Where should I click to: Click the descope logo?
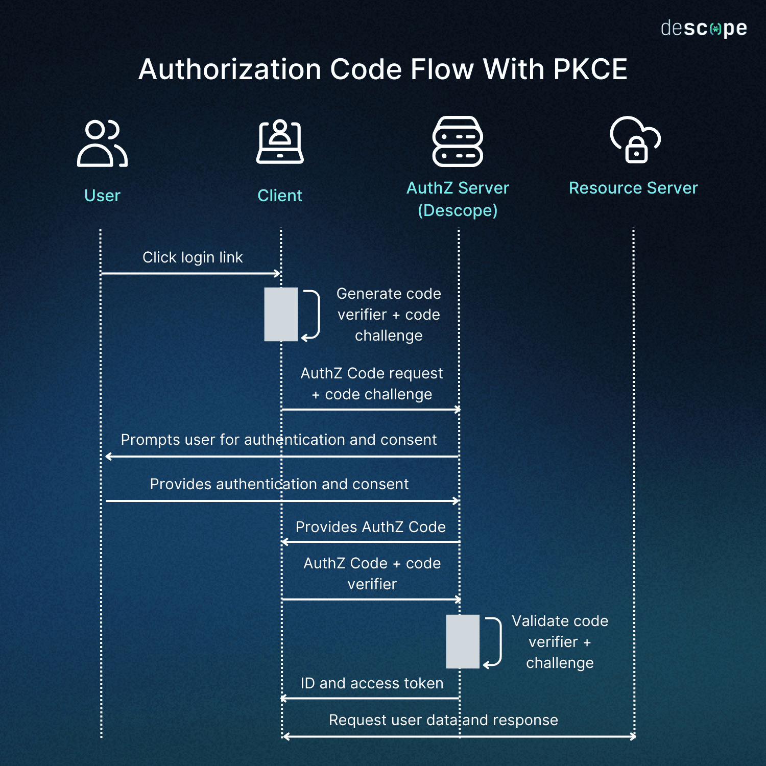(704, 28)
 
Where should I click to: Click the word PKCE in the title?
(590, 69)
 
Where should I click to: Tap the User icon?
(102, 143)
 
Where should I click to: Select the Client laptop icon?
(280, 141)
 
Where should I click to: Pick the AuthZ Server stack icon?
(458, 141)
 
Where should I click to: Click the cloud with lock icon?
(635, 139)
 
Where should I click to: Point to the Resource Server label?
(633, 188)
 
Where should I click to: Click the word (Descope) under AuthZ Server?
(458, 210)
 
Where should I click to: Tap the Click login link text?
(193, 257)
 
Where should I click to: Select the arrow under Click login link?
(191, 274)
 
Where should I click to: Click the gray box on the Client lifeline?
(281, 314)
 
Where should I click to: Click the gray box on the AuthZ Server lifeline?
(463, 641)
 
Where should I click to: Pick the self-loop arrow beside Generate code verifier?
(319, 314)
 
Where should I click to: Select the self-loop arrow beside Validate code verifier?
(501, 641)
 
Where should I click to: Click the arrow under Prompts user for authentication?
(282, 457)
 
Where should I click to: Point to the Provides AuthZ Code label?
(371, 527)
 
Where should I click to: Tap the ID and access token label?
(372, 683)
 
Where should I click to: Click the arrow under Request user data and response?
(459, 736)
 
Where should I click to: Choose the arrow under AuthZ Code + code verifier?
(371, 600)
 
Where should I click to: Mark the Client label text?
(280, 196)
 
